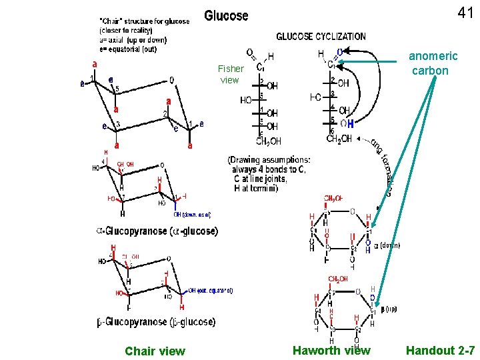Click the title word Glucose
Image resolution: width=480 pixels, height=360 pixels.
pos(226,15)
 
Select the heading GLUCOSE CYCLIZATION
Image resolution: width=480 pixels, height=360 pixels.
pos(321,37)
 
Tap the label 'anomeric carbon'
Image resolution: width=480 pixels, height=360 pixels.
pos(433,64)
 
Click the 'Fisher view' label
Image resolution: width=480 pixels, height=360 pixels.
pos(230,74)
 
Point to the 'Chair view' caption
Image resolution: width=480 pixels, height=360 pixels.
pos(155,351)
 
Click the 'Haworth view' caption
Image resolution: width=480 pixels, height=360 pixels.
pos(331,350)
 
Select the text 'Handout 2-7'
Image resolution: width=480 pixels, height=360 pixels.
pos(441,350)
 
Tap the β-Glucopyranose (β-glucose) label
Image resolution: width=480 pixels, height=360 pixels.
pos(156,322)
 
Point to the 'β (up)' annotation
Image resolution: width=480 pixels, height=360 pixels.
pos(388,309)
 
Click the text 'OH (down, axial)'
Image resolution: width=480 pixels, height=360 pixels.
pos(192,214)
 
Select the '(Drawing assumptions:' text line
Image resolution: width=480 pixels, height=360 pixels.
pos(269,160)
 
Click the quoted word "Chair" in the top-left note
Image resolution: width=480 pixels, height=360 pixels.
pos(111,21)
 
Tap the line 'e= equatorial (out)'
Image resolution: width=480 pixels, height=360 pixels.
pos(127,49)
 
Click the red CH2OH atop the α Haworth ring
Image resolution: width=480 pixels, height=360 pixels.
pos(333,198)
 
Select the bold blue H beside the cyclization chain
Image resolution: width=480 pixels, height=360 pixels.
pos(351,123)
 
